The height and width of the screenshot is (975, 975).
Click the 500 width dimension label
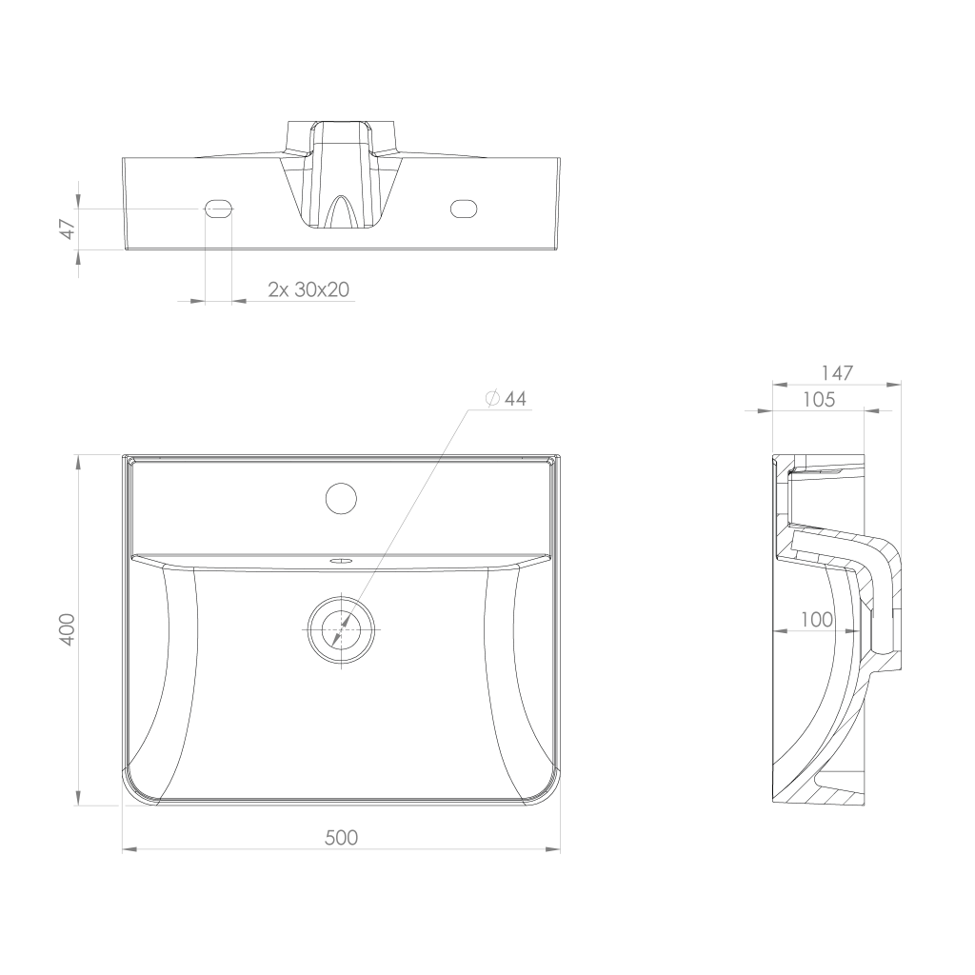point(341,838)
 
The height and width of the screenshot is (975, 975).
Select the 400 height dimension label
point(67,629)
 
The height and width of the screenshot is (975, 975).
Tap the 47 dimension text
point(68,229)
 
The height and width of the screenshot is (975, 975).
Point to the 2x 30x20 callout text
point(308,289)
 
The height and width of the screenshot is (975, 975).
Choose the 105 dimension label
point(818,399)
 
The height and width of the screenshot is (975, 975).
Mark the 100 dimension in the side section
point(816,619)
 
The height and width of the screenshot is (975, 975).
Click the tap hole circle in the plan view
point(342,498)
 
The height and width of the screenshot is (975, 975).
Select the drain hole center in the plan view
point(342,629)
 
